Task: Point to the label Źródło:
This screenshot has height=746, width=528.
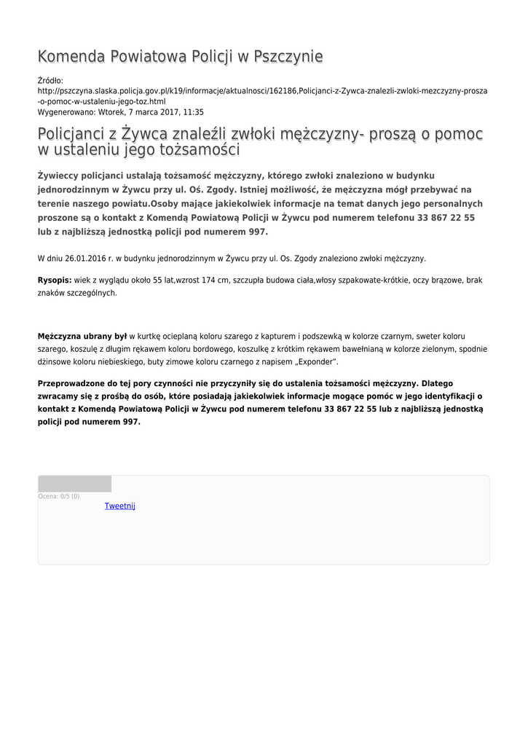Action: [50, 81]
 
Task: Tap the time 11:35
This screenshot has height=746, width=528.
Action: [194, 113]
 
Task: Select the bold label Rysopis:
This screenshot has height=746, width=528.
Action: [55, 280]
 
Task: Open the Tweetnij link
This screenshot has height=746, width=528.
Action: [119, 506]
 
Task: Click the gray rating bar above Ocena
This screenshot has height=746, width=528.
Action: [74, 484]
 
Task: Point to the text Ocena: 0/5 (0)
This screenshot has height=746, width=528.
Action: [59, 496]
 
